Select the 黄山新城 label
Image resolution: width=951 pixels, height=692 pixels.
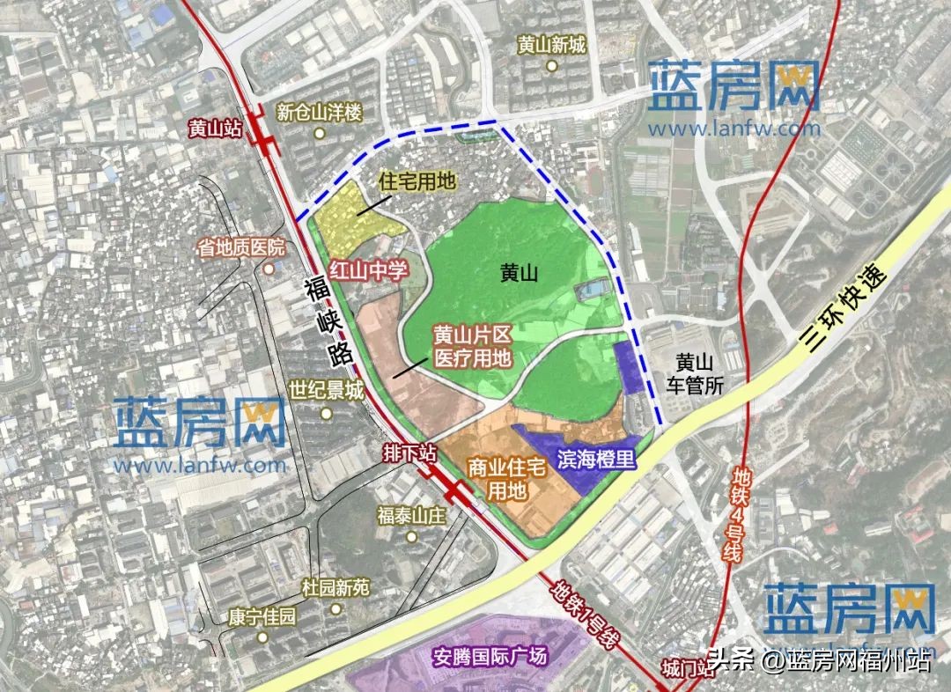pyautogui.click(x=551, y=44)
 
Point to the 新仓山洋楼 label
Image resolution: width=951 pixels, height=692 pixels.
pyautogui.click(x=319, y=113)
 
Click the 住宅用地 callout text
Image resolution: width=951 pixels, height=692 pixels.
pyautogui.click(x=417, y=182)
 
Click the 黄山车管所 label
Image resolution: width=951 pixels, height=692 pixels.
pyautogui.click(x=693, y=373)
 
